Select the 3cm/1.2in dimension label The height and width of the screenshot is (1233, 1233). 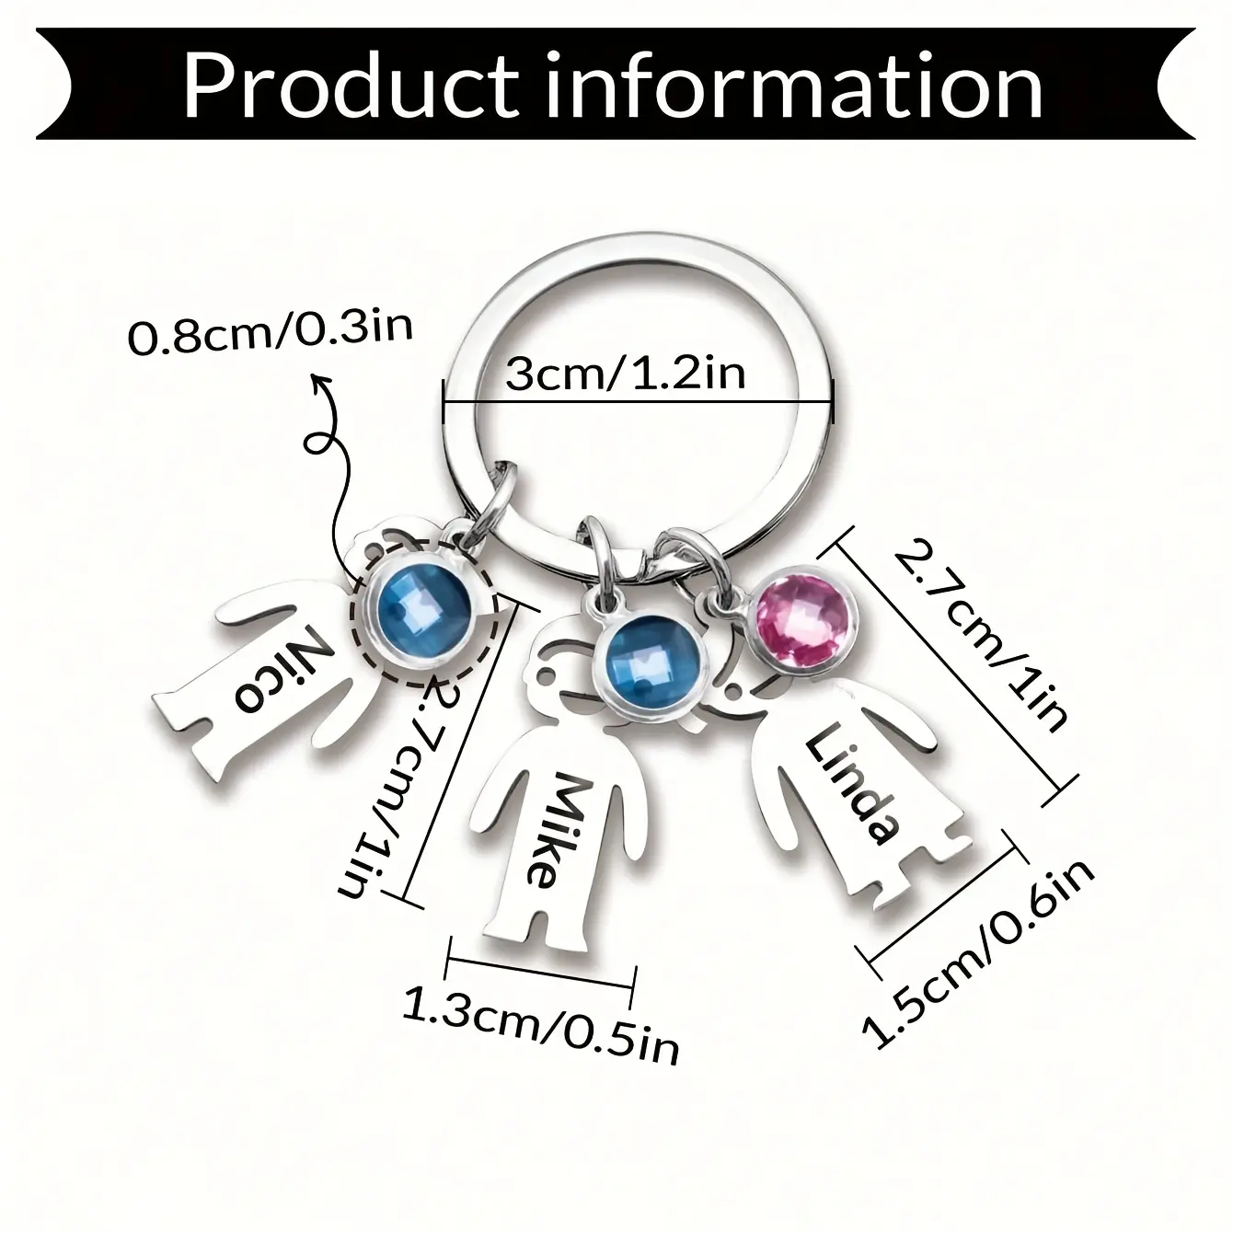tap(625, 374)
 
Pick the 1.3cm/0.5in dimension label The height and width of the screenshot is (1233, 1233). tap(541, 1032)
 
